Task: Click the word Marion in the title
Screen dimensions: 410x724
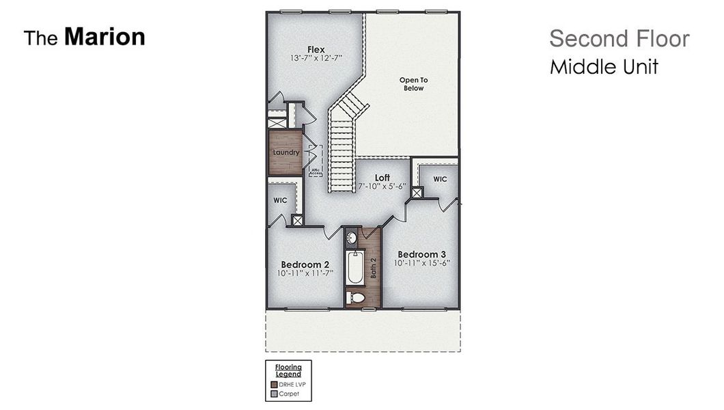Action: tap(105, 37)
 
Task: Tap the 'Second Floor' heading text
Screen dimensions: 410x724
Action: tap(619, 39)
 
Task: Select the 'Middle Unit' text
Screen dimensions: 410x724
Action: tap(604, 67)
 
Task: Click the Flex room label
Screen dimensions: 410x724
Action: tap(316, 49)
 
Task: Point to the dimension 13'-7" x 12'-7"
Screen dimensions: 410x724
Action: tap(316, 58)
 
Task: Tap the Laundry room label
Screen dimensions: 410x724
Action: tap(286, 152)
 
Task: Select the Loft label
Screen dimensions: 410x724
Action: tap(382, 178)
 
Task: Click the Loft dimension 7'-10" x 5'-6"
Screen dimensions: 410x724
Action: tap(382, 186)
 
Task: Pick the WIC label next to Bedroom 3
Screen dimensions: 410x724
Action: tap(440, 179)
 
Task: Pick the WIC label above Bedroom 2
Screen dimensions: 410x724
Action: tap(279, 202)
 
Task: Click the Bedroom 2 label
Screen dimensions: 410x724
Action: tap(305, 264)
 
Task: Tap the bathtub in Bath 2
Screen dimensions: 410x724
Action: tap(355, 268)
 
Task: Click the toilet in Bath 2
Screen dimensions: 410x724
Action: tap(355, 297)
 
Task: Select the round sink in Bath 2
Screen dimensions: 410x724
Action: tap(352, 238)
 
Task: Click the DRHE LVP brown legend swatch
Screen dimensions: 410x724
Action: tap(275, 385)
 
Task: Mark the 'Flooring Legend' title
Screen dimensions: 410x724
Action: tap(288, 371)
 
